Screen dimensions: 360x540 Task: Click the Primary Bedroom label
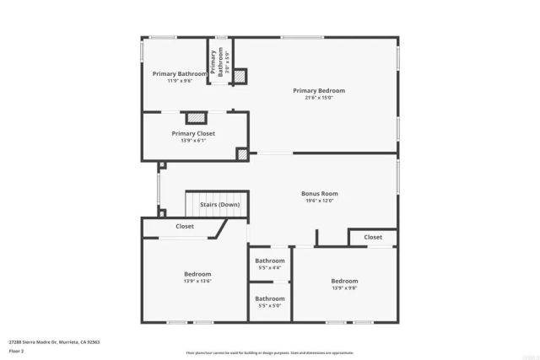coord(319,91)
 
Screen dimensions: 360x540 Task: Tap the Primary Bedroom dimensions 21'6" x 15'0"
coord(319,98)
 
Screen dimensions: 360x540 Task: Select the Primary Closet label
coord(193,133)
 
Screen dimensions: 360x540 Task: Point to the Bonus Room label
coord(319,194)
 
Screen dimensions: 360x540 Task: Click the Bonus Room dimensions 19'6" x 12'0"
coord(319,201)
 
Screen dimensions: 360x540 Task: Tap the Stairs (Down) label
coord(219,205)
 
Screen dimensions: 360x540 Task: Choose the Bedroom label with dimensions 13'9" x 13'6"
coord(197,274)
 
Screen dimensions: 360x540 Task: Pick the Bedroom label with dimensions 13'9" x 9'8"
coord(344,281)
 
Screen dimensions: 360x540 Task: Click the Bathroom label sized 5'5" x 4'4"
coord(270,261)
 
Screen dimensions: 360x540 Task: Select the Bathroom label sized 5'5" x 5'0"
coord(270,298)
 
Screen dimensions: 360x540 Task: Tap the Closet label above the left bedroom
coord(185,226)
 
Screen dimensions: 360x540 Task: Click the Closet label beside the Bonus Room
coord(373,238)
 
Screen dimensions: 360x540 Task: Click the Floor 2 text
coord(17,350)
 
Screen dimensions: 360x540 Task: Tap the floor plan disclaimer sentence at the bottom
coord(270,352)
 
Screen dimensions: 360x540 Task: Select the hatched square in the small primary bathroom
coord(239,76)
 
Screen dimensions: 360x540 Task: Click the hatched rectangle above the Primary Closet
coord(197,118)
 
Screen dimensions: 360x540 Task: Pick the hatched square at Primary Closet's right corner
coord(242,154)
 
